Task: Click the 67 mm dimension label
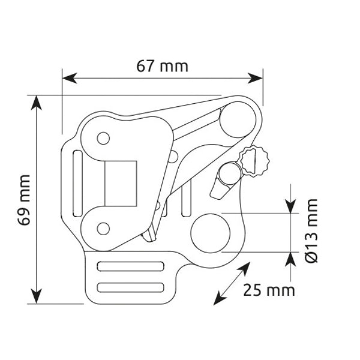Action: coord(162,65)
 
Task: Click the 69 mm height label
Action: coord(25,200)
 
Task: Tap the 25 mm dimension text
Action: coord(269,290)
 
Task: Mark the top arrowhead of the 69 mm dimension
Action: coord(37,101)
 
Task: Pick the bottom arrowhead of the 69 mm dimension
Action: coord(37,296)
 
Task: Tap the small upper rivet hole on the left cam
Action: coord(103,139)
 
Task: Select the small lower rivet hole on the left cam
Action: coord(103,228)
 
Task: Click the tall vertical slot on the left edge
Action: coord(77,184)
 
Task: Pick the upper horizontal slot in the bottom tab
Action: coord(131,266)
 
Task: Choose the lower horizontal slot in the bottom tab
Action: coord(131,287)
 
